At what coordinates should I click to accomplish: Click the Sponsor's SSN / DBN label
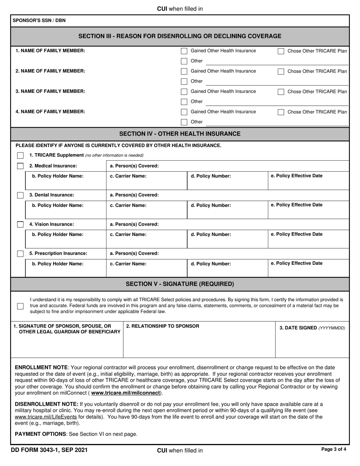pos(39,20)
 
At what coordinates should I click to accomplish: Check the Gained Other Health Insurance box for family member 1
pos(184,51)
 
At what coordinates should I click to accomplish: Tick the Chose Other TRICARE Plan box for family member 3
pos(281,92)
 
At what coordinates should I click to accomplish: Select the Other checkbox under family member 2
pos(184,81)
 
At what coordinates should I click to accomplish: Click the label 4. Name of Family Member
pos(50,111)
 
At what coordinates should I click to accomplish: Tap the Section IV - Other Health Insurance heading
pos(180,134)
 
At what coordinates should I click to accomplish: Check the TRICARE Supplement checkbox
pos(20,155)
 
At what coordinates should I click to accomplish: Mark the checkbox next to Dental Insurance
pos(20,195)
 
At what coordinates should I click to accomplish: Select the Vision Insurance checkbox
pos(20,224)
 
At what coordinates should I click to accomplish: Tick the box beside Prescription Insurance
pos(20,253)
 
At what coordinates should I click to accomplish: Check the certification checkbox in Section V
pos(20,306)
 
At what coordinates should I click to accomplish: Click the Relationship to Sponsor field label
pos(163,326)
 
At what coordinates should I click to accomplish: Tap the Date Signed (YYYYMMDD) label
pos(312,328)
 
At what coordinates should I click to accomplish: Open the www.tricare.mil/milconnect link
pos(125,393)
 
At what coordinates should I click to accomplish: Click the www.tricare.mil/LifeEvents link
pos(46,417)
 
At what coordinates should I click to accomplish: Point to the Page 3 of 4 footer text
pos(333,450)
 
